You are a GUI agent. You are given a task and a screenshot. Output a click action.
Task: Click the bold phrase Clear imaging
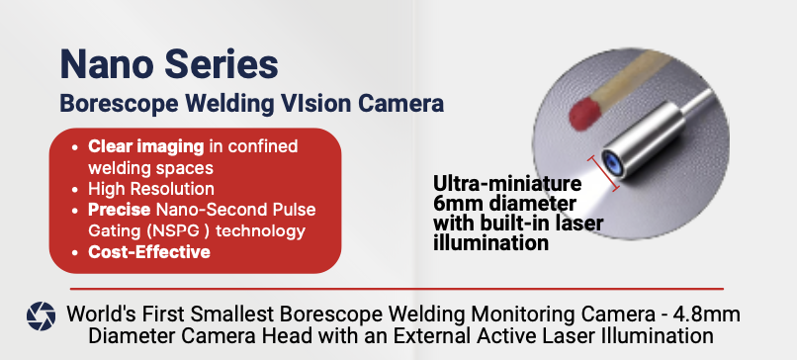[x=145, y=146]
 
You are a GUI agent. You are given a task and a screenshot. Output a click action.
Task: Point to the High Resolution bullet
[x=151, y=188]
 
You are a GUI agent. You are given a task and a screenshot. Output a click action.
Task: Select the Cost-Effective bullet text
[x=148, y=252]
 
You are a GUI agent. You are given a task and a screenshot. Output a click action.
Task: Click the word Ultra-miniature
[x=506, y=184]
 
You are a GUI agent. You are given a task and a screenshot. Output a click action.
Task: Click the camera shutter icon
[x=41, y=315]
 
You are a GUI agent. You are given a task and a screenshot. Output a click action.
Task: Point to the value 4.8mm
[x=703, y=315]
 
